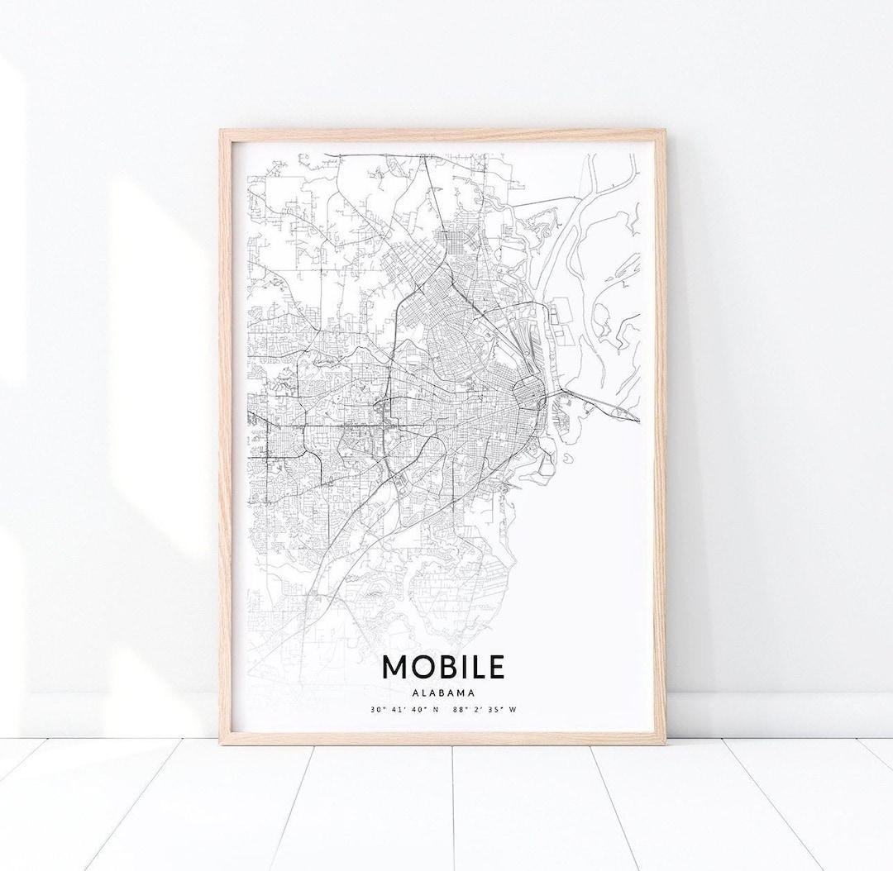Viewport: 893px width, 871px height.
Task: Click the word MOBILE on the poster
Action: (442, 668)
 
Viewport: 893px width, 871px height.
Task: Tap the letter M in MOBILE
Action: (394, 668)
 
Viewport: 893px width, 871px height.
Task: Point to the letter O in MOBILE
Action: (422, 668)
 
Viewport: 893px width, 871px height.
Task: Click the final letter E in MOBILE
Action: (494, 668)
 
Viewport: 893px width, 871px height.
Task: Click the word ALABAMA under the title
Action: (443, 693)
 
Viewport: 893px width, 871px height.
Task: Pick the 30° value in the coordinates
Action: (377, 709)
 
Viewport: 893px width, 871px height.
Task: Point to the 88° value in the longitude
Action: (459, 709)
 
